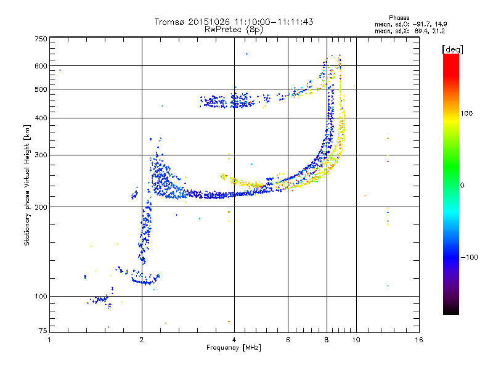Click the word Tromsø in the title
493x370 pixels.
[169, 22]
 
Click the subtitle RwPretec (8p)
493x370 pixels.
[234, 30]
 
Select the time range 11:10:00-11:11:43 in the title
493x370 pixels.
[274, 22]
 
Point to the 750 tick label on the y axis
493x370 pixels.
[41, 39]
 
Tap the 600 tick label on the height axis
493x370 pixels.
[41, 66]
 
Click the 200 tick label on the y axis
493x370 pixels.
[41, 207]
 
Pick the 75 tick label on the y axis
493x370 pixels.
[43, 331]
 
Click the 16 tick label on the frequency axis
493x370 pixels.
[419, 340]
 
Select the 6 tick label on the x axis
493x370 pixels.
[288, 340]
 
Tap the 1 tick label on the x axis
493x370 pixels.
[49, 340]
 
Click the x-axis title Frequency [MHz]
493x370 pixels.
[234, 348]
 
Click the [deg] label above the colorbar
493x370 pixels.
[452, 49]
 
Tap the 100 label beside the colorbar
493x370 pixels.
[467, 113]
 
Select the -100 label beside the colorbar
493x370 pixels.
[469, 257]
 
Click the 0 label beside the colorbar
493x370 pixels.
[462, 186]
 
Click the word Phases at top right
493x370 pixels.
[399, 18]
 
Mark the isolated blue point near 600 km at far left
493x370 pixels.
[60, 70]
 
